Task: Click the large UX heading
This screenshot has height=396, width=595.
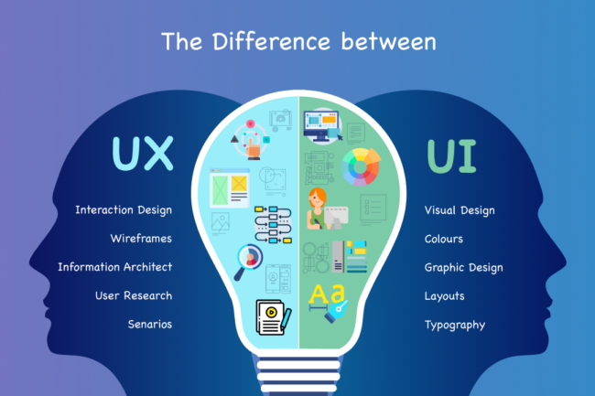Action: [x=143, y=153]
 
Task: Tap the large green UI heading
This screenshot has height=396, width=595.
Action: [x=451, y=156]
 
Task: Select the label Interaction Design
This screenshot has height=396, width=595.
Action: [x=124, y=210]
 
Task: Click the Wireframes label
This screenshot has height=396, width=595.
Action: [x=141, y=239]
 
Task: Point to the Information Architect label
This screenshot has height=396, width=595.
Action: [x=115, y=267]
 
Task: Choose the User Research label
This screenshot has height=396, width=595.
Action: [x=134, y=295]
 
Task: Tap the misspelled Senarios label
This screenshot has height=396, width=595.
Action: [x=150, y=325]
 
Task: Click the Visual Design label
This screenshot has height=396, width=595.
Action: [x=460, y=210]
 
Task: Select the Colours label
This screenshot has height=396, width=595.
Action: [x=444, y=239]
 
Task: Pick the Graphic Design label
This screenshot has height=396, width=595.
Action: [x=464, y=268]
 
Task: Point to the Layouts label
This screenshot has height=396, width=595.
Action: [x=444, y=296]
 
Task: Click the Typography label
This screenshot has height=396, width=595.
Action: [x=455, y=326]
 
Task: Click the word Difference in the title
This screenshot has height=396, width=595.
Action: [x=271, y=41]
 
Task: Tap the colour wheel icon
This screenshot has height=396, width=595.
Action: [x=361, y=166]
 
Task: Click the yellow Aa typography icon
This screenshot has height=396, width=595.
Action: [x=328, y=302]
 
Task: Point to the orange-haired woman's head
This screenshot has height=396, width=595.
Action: [x=318, y=197]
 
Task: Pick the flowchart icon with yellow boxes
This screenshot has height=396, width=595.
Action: [x=273, y=224]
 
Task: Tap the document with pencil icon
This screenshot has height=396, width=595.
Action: [x=274, y=317]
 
